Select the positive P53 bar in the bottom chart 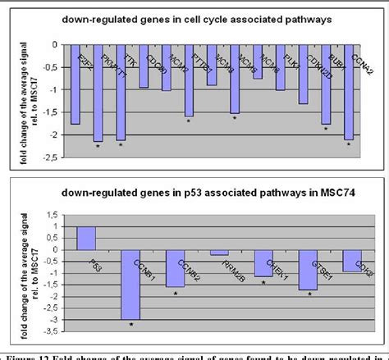(85, 238)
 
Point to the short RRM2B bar (219, 252)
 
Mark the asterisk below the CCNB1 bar (130, 325)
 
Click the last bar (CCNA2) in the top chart (348, 92)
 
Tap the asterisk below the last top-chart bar (349, 145)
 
